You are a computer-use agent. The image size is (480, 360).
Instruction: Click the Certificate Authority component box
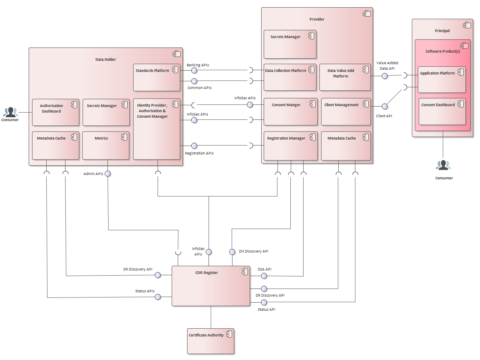[211, 341]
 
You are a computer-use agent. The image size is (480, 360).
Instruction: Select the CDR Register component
[211, 286]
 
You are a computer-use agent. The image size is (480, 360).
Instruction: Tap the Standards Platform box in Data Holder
[157, 77]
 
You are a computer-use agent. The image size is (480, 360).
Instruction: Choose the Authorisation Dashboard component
[56, 112]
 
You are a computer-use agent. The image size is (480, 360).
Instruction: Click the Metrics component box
[106, 146]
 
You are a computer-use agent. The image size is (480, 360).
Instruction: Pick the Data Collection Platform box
[290, 77]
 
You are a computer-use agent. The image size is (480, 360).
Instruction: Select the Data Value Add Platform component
[345, 77]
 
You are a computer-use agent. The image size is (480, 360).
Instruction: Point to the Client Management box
[346, 112]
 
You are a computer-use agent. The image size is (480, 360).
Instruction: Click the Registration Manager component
[290, 146]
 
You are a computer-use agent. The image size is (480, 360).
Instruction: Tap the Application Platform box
[441, 80]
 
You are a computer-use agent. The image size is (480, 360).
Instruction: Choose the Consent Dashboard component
[441, 111]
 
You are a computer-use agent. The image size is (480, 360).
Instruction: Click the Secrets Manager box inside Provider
[290, 44]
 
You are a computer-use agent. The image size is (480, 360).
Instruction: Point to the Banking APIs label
[198, 65]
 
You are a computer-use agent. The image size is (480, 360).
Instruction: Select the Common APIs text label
[200, 88]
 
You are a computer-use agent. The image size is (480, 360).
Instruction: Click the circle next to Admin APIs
[108, 173]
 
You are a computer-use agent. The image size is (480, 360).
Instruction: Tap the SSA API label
[264, 269]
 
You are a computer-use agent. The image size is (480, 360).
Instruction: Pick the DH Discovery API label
[253, 251]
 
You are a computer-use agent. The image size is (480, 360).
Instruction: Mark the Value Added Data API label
[387, 65]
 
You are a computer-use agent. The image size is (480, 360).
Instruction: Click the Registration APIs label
[199, 153]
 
